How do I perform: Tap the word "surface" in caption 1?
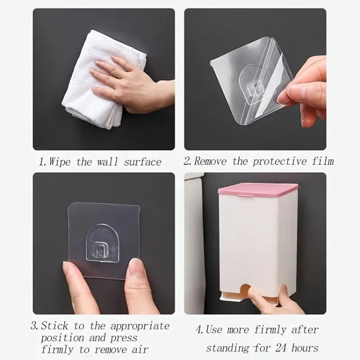coord(143,162)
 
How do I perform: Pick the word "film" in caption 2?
coord(322,161)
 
